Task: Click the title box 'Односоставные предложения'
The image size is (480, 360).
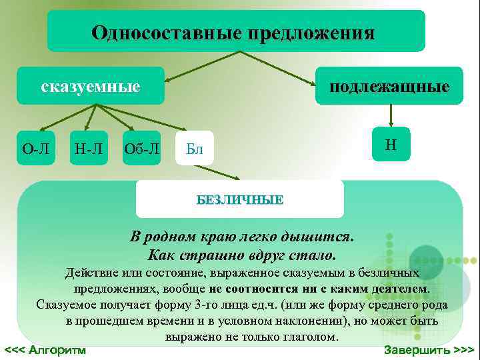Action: pos(235,31)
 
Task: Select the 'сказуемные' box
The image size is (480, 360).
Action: pos(91,86)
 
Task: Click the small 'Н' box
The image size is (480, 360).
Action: pos(391,145)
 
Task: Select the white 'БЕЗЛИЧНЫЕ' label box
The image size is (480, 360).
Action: pos(240,199)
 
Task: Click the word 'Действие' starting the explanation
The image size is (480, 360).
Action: pos(91,273)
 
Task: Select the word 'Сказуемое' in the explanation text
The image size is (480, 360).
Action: pos(67,305)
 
